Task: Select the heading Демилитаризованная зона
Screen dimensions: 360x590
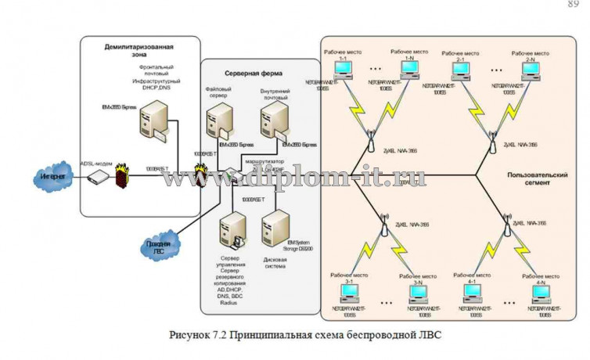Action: (139, 52)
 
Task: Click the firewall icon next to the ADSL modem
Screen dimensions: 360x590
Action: (121, 175)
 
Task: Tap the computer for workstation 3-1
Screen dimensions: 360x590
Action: (351, 291)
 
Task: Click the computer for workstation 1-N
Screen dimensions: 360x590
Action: (408, 71)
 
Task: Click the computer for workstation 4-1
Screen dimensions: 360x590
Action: (473, 291)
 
